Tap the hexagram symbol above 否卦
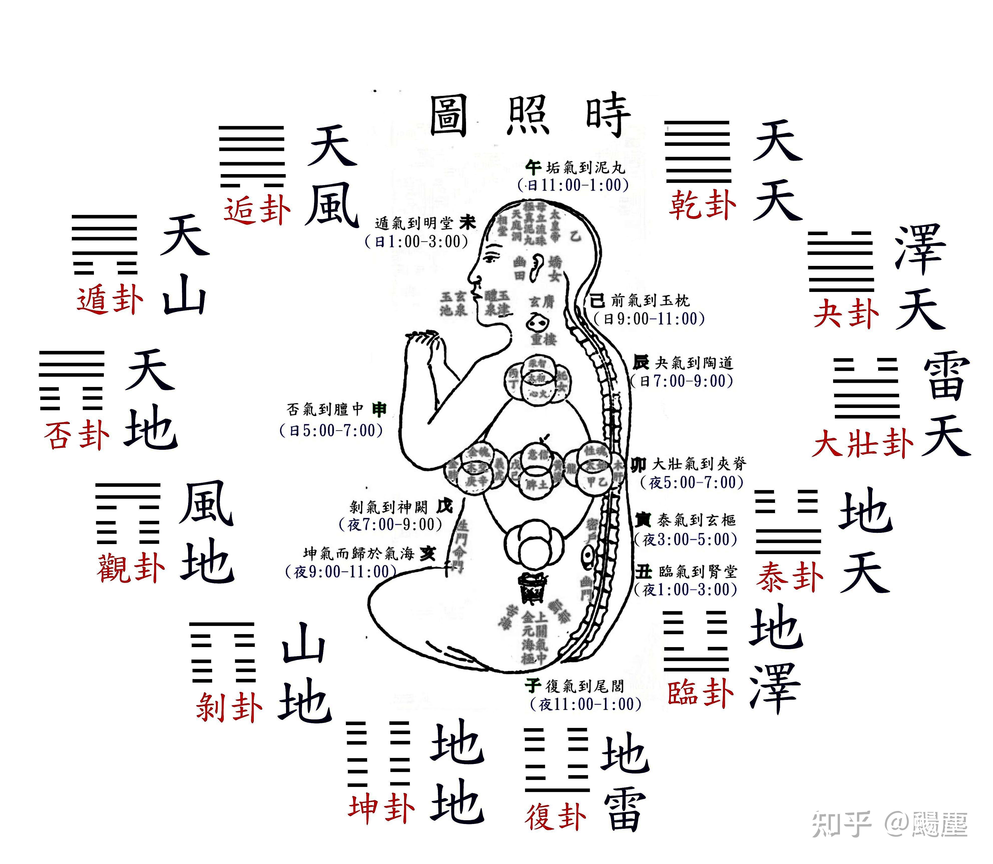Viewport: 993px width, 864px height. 71,381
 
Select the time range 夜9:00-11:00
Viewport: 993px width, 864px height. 341,572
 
